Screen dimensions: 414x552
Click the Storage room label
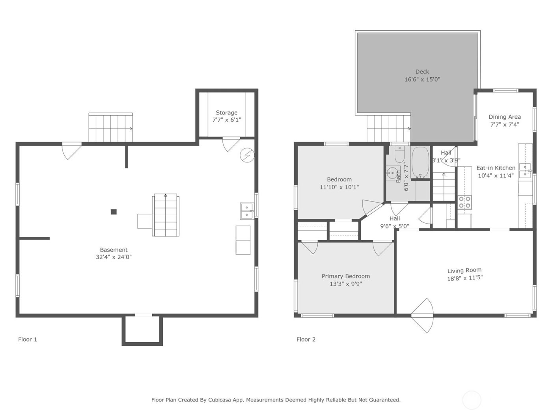point(226,113)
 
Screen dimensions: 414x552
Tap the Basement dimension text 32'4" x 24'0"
point(114,257)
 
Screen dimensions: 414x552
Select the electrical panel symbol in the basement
point(247,155)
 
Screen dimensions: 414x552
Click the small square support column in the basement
point(114,212)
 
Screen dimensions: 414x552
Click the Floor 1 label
point(28,339)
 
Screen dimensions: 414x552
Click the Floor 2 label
point(306,339)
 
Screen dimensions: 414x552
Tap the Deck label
point(422,72)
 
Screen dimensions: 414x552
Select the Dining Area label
point(505,117)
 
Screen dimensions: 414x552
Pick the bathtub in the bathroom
point(420,162)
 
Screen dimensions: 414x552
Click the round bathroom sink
point(392,173)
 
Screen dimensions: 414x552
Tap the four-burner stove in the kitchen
point(464,202)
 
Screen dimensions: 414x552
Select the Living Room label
point(464,270)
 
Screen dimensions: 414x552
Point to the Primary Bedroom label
point(346,276)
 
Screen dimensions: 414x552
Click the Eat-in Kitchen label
point(496,168)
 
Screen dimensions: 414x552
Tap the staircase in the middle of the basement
point(166,215)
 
